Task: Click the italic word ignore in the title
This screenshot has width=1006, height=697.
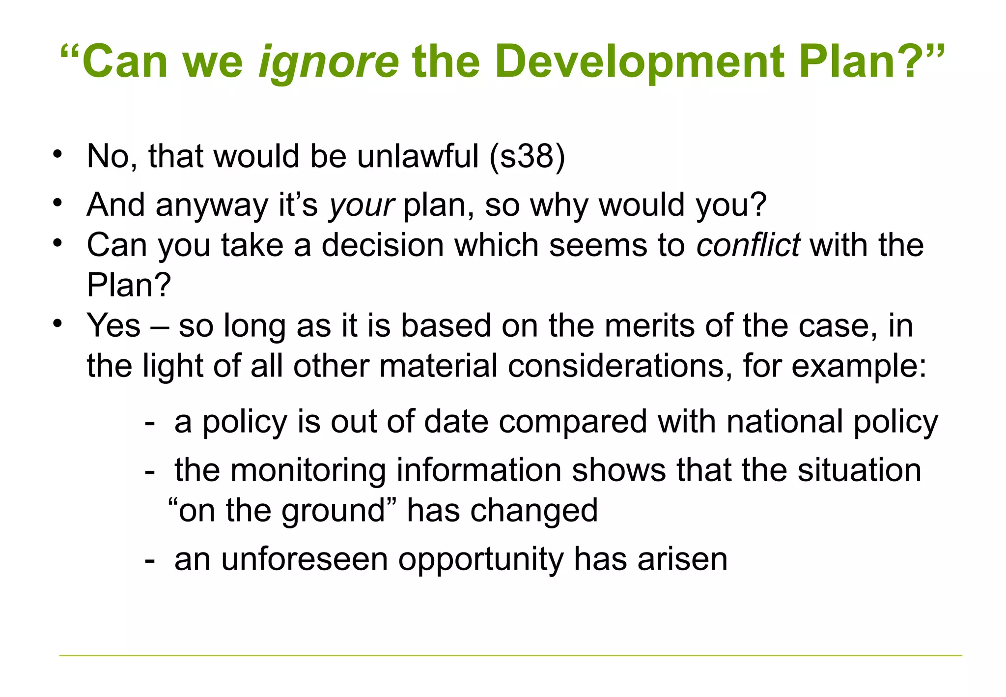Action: (329, 62)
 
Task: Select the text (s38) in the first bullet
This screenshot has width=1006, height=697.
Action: (527, 156)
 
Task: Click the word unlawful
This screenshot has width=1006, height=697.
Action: (418, 156)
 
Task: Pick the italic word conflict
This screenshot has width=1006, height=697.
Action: (748, 245)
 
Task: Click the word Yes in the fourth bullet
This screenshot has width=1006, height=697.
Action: (113, 325)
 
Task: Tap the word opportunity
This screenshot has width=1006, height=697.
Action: (481, 560)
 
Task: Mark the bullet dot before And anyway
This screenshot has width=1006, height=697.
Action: (58, 202)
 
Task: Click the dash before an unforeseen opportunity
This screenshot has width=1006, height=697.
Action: (150, 560)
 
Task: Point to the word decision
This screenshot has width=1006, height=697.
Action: (383, 245)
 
